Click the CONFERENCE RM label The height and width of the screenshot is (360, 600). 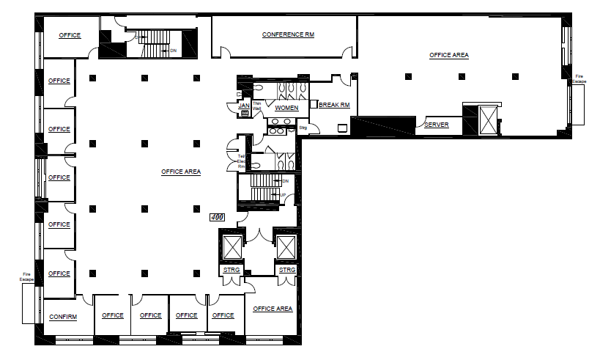[x=288, y=35]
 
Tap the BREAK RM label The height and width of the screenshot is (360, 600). [x=334, y=106]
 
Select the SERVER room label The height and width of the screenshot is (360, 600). [x=437, y=125]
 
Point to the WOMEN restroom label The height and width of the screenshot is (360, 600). [x=286, y=109]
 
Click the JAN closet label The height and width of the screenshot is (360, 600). [x=244, y=106]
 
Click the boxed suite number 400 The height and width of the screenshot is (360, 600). [x=217, y=218]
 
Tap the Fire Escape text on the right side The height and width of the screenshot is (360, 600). [x=579, y=78]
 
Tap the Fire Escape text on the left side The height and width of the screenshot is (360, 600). [x=27, y=277]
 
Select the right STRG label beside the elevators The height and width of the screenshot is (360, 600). [x=287, y=271]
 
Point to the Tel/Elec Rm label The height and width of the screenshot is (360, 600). [x=241, y=161]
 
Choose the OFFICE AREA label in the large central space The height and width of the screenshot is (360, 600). [x=181, y=172]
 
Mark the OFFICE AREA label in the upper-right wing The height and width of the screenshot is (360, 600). [x=448, y=55]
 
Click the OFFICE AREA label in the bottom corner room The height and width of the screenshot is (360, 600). [x=273, y=309]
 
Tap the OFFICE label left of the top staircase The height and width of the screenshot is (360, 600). [x=70, y=35]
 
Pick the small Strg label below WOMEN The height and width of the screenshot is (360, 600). [x=303, y=128]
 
